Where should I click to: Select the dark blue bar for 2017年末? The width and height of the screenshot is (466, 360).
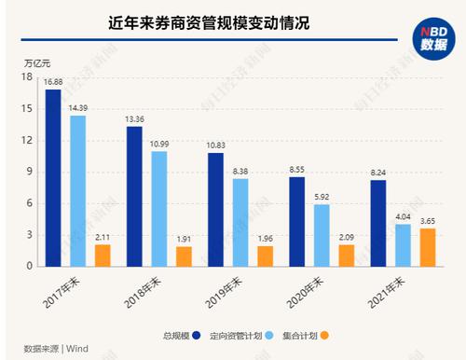tap(52, 177)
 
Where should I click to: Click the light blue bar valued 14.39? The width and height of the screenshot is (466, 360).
tap(77, 190)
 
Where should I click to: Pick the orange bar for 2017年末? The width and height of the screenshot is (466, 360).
tap(102, 255)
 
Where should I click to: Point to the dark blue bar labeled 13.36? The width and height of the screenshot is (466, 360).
tap(134, 196)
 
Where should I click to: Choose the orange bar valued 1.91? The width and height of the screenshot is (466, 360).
tap(184, 256)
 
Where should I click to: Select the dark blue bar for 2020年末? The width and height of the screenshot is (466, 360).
tap(296, 221)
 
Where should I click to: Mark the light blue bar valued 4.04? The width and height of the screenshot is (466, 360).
tap(403, 244)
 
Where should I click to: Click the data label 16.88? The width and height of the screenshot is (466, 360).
tap(52, 82)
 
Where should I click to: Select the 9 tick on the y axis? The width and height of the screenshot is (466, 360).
tap(30, 172)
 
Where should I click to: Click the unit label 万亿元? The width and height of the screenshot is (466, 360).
tap(34, 62)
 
